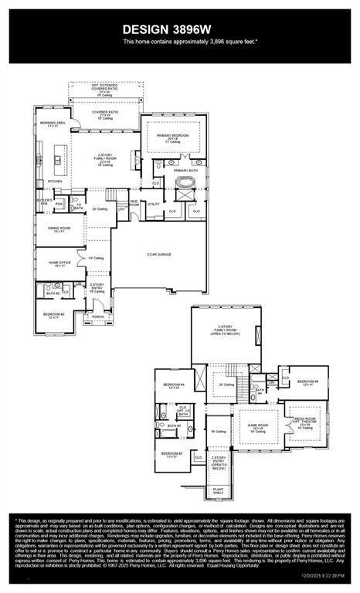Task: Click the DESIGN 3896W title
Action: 179,29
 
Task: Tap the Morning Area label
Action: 52,124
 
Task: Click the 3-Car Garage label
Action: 160,254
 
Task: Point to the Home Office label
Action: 59,264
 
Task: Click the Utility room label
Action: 153,204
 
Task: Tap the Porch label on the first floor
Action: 98,317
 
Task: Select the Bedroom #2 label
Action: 53,314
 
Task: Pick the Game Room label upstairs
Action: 257,426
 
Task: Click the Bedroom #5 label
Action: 307,382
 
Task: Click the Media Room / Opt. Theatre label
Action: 304,422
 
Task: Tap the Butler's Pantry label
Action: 45,202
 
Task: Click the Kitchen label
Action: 56,181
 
